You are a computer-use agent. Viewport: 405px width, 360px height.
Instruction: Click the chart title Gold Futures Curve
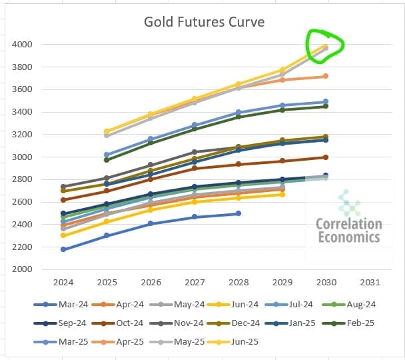(204, 22)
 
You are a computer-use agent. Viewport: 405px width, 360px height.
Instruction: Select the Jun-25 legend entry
(240, 342)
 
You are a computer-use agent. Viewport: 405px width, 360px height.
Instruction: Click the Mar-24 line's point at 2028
(238, 213)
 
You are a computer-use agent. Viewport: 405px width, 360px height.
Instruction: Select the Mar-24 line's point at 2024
(63, 249)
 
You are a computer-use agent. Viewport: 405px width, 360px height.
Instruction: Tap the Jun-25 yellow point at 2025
(107, 131)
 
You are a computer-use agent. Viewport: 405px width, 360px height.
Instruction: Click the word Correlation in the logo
(349, 224)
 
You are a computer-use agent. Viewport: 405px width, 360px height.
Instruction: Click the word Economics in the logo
(349, 237)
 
